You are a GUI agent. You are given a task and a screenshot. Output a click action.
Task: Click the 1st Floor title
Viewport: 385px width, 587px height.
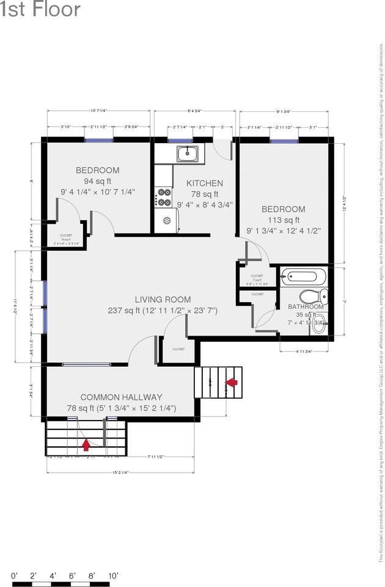(x=40, y=10)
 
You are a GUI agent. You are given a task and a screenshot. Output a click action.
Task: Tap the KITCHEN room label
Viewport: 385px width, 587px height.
(x=205, y=183)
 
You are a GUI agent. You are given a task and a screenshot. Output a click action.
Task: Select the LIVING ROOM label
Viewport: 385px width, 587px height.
(x=163, y=300)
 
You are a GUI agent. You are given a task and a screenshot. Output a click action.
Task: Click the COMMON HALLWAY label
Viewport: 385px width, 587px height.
(x=121, y=397)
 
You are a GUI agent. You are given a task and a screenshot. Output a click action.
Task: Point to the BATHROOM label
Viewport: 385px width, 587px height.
(x=306, y=306)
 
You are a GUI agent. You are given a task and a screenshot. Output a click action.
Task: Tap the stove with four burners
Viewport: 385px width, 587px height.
(x=164, y=197)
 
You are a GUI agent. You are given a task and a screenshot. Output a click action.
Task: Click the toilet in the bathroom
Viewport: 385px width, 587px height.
(x=314, y=297)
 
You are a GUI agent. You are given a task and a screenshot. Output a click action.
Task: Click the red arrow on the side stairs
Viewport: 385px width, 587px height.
(x=232, y=382)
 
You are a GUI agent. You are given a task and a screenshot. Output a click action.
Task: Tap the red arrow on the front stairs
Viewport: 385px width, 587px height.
(x=86, y=444)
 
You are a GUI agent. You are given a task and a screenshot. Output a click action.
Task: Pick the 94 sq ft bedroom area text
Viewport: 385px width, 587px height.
(x=98, y=181)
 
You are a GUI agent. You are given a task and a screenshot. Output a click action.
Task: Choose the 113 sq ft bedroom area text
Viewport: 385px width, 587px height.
(x=284, y=220)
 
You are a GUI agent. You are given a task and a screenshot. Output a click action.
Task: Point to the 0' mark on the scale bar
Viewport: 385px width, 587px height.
(x=15, y=575)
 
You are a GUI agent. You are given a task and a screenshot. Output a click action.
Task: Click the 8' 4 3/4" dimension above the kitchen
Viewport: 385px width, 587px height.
(x=194, y=111)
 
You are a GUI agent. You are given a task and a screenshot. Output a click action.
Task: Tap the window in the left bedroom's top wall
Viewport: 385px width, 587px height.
(x=99, y=140)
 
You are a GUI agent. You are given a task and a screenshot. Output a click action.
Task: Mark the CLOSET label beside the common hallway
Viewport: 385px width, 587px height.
(x=178, y=349)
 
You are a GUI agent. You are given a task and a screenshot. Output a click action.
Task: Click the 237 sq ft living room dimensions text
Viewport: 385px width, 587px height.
(x=163, y=311)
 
